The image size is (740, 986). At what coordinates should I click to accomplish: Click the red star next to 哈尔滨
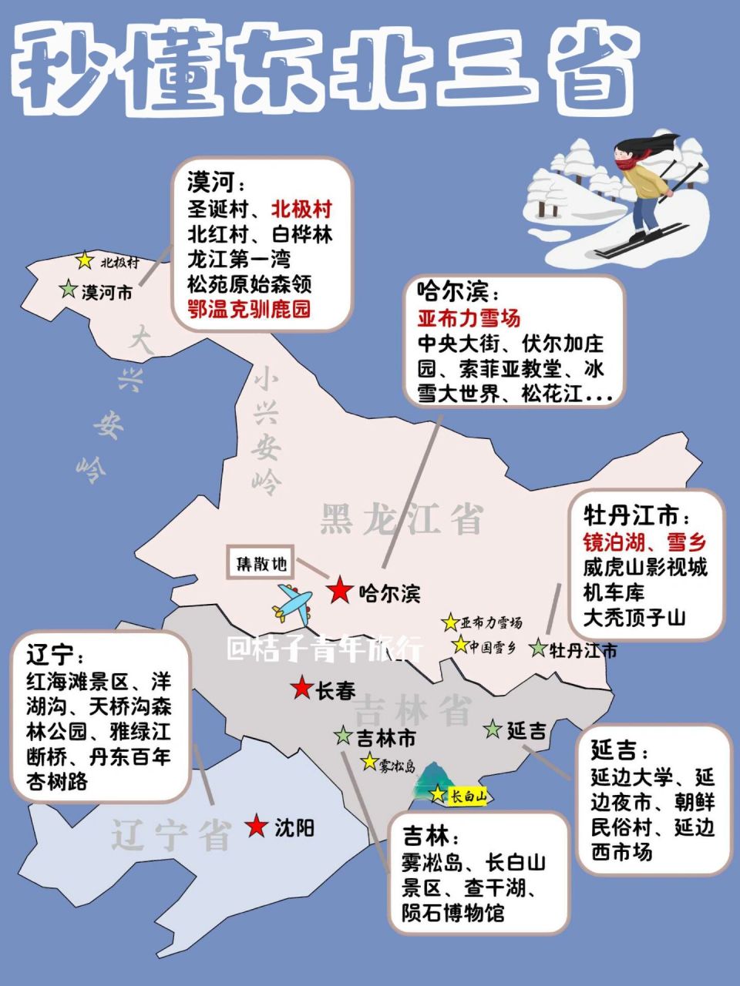(339, 591)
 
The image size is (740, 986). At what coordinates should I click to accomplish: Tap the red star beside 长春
(301, 689)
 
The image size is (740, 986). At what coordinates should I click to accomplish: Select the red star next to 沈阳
(257, 827)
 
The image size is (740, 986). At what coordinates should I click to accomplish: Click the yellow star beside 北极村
(85, 262)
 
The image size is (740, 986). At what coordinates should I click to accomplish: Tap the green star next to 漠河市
(69, 290)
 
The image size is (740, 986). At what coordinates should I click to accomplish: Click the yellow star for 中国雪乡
(460, 645)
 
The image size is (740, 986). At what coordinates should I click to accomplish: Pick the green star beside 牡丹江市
(539, 649)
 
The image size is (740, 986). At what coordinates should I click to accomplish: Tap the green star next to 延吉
(493, 728)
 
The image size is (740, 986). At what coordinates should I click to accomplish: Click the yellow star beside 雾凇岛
(369, 763)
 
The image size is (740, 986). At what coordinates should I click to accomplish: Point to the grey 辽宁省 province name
(171, 834)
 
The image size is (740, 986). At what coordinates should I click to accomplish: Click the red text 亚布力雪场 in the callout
(469, 317)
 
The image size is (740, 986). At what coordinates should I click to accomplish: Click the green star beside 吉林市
(343, 736)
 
